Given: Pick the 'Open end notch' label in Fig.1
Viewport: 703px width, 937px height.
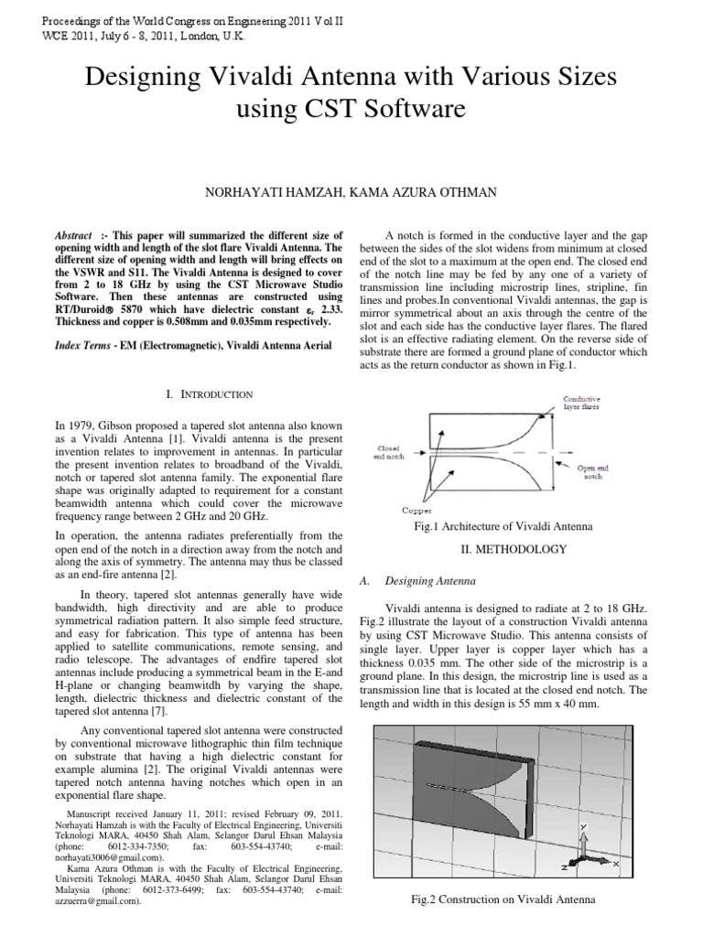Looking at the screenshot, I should [x=596, y=471].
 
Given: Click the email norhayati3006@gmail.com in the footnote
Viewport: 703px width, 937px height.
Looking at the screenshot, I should [x=110, y=858].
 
